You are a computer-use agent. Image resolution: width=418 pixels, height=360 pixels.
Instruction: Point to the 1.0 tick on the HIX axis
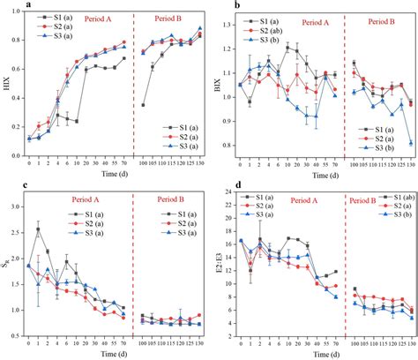pyautogui.click(x=19, y=13)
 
